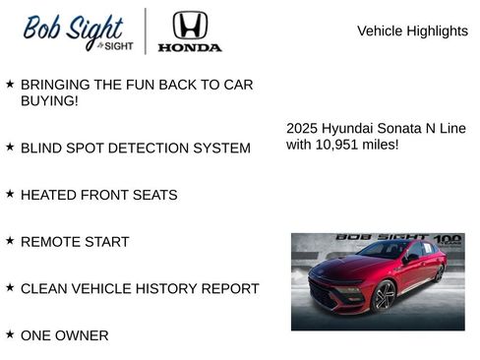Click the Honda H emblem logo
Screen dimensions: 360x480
coord(190,26)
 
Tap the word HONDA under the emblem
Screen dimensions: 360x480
coord(190,46)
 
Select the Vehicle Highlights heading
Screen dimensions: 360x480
coord(412,31)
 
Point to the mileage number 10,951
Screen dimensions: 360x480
coord(339,145)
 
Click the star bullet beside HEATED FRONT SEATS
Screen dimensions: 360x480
coord(10,194)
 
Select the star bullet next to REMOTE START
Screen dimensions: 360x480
coord(10,240)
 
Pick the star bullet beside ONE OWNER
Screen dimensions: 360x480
coord(10,334)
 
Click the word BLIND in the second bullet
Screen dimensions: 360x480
coord(43,148)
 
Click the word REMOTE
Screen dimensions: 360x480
coord(49,242)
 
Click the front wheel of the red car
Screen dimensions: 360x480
coord(384,295)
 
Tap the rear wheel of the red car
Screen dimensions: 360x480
coord(439,272)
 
